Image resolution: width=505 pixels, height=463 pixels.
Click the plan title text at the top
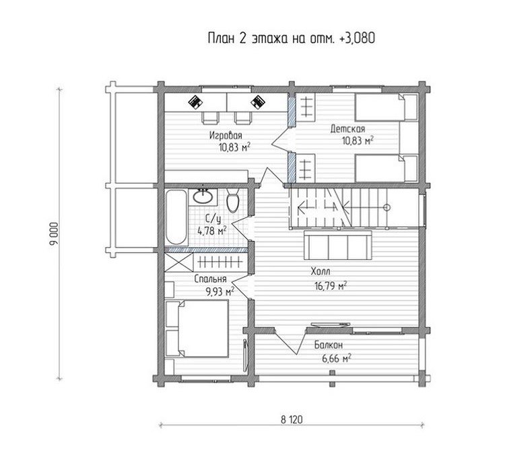(292, 38)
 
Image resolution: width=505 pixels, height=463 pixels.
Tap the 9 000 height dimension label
(54, 234)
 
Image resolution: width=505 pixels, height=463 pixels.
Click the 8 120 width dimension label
(292, 419)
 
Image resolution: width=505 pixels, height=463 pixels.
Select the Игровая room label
(226, 135)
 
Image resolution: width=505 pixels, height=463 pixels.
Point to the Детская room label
(348, 129)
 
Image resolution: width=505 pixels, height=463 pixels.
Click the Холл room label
(321, 271)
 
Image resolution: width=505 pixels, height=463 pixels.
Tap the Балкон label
(329, 345)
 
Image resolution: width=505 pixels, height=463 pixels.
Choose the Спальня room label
(210, 279)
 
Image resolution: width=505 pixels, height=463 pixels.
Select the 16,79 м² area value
(331, 285)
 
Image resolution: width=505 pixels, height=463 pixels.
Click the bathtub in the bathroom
(176, 217)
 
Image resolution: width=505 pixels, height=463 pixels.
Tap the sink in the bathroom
(203, 197)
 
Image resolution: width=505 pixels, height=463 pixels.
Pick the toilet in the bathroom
(232, 201)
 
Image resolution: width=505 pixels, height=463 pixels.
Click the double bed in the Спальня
(197, 328)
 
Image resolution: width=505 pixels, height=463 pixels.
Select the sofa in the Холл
(337, 245)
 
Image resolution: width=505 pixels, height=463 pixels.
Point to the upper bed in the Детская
(386, 107)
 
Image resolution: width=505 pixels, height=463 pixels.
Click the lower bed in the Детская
(386, 168)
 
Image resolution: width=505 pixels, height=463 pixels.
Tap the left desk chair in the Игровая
(210, 118)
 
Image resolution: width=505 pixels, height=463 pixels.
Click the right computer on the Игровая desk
(258, 102)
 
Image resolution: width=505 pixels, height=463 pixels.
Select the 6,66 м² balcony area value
(336, 359)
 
